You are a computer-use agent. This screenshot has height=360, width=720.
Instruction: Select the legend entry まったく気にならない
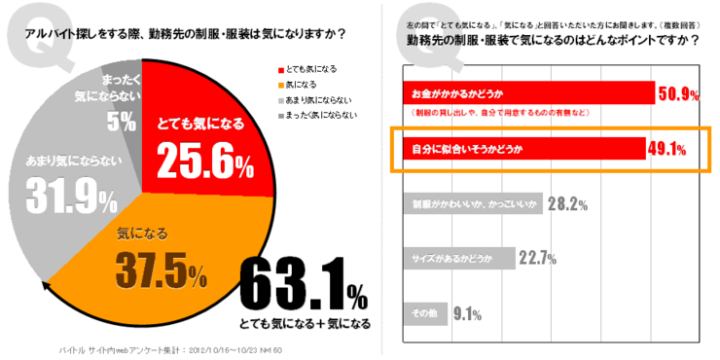coord(321,115)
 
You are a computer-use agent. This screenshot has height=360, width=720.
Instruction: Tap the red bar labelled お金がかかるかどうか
coord(525,94)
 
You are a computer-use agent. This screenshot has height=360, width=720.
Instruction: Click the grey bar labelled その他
coord(424,313)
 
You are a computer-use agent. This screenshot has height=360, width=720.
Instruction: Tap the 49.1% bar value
coord(667,149)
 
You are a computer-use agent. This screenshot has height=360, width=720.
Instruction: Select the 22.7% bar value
coord(537,258)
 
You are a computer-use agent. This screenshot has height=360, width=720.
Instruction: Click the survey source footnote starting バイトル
coord(169,347)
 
